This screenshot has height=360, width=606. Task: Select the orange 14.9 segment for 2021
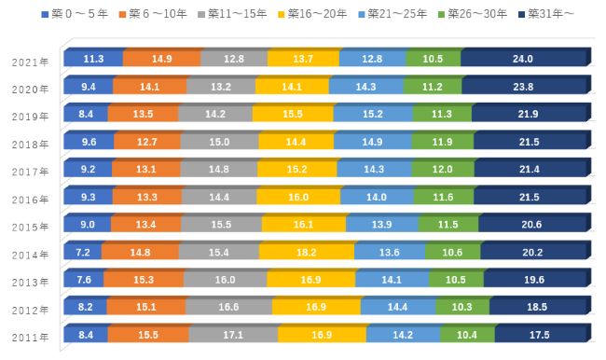(x=161, y=58)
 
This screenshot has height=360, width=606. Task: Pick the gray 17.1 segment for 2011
(x=232, y=334)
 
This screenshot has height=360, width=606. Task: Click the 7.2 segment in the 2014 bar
(x=82, y=252)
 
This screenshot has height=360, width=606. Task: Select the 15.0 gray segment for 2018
(x=219, y=142)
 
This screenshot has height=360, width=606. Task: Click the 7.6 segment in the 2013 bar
(x=83, y=279)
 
